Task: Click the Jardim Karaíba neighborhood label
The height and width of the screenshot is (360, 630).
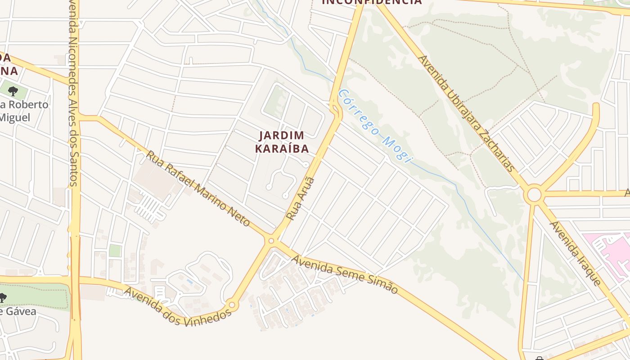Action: tap(282, 142)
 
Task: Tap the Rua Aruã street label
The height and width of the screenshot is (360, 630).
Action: tap(301, 198)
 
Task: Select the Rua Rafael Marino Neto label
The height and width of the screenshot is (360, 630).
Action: tap(198, 189)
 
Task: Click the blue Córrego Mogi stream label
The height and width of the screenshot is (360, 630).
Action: tap(375, 126)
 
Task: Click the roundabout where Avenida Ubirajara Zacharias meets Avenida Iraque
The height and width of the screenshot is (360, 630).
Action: tap(534, 195)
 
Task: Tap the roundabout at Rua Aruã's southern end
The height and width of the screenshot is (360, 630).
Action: tap(271, 241)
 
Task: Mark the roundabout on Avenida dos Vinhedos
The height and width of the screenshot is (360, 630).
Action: tap(232, 305)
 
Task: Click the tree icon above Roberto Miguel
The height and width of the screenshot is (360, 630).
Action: tap(13, 91)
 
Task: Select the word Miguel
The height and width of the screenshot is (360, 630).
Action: tap(15, 118)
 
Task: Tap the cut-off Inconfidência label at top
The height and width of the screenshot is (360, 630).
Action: tap(372, 2)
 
